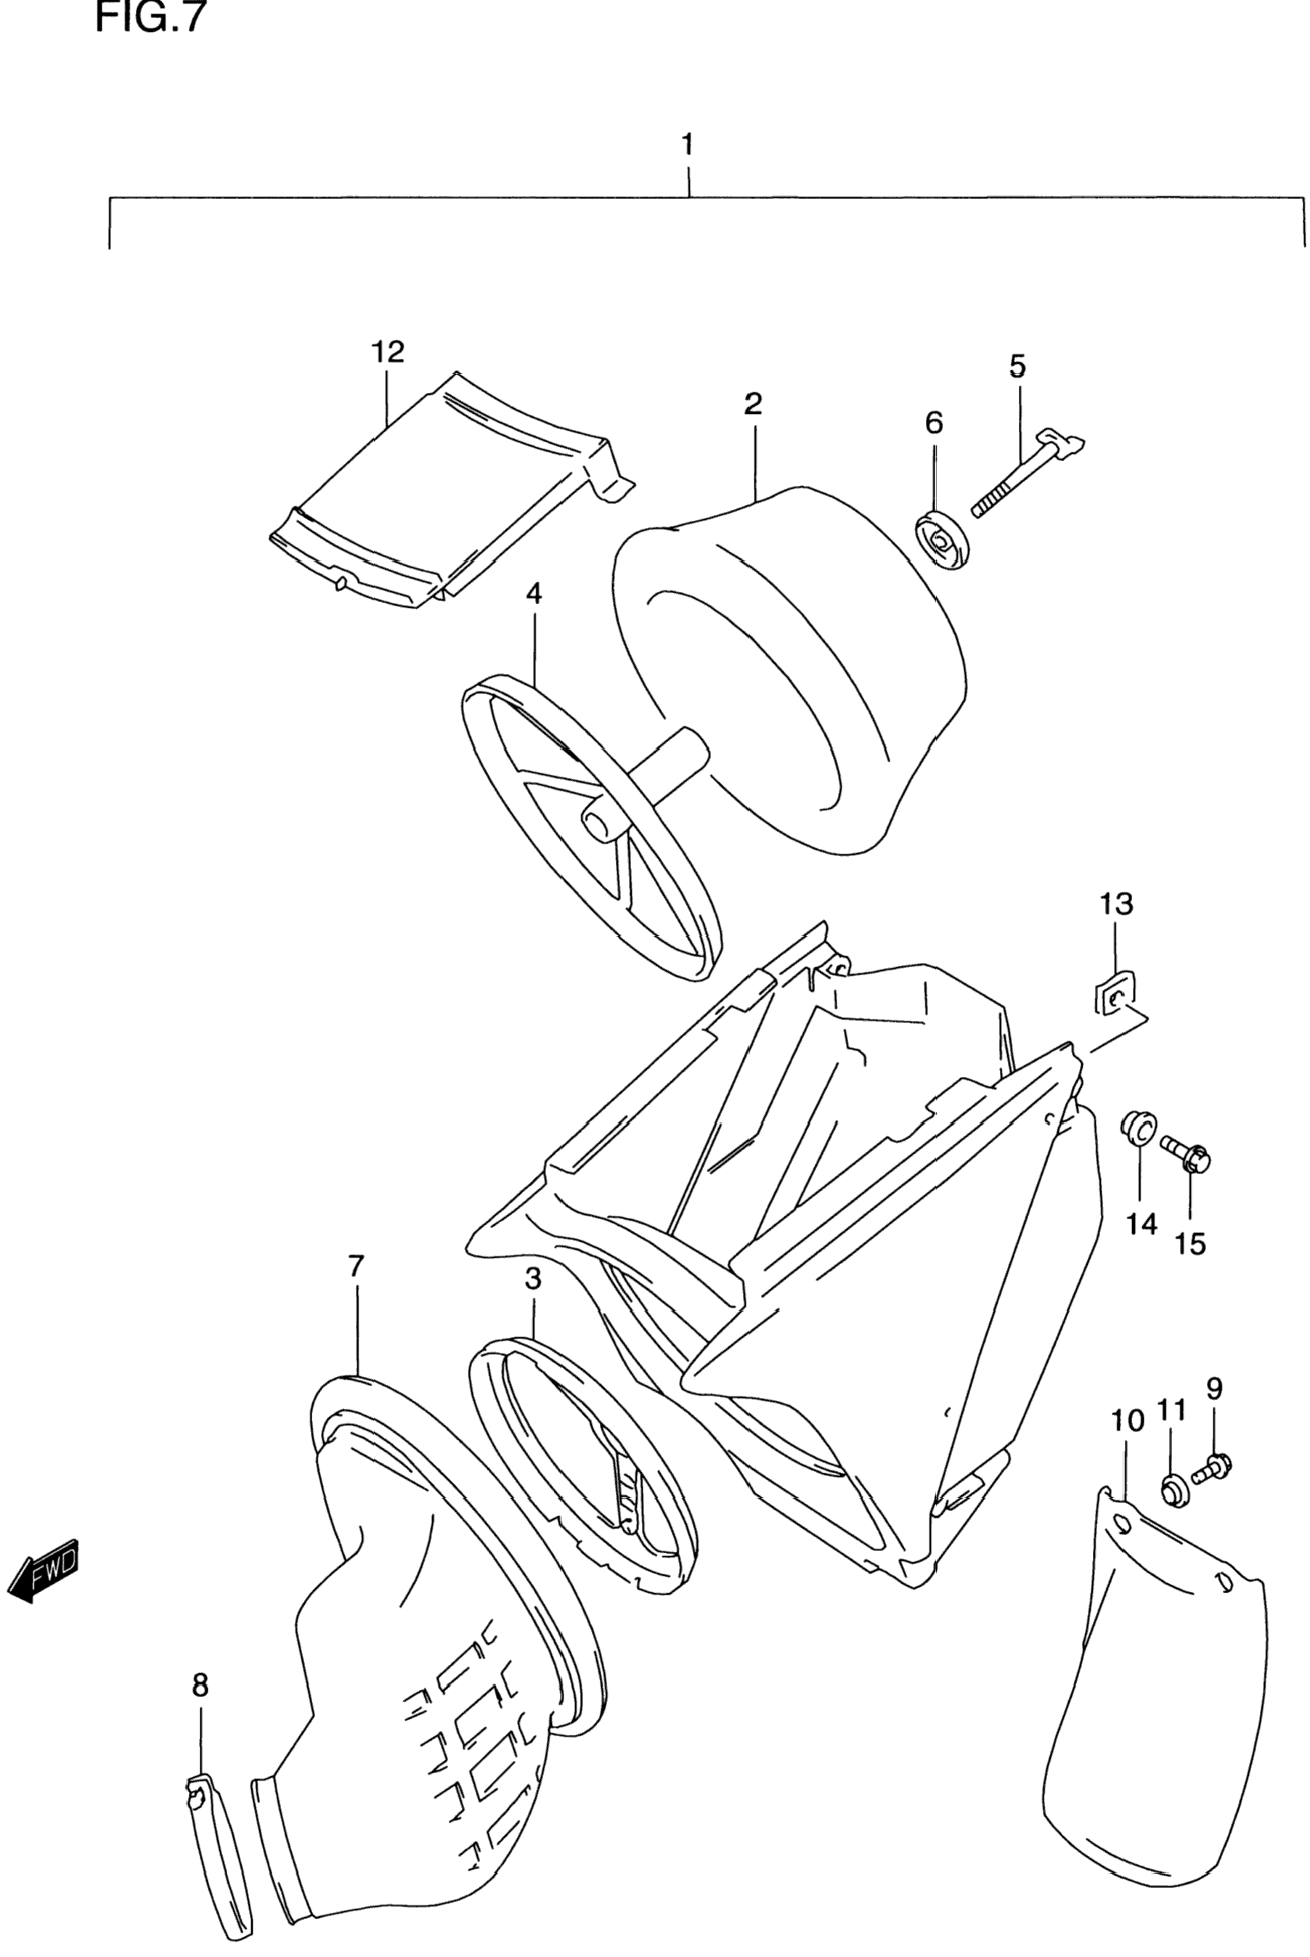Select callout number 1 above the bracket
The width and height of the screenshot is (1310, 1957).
(687, 145)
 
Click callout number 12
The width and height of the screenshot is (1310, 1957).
(388, 351)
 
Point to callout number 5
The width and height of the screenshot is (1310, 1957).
(1017, 366)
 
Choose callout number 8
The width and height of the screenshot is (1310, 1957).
(200, 1685)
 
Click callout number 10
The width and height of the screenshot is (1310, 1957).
(1128, 1420)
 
